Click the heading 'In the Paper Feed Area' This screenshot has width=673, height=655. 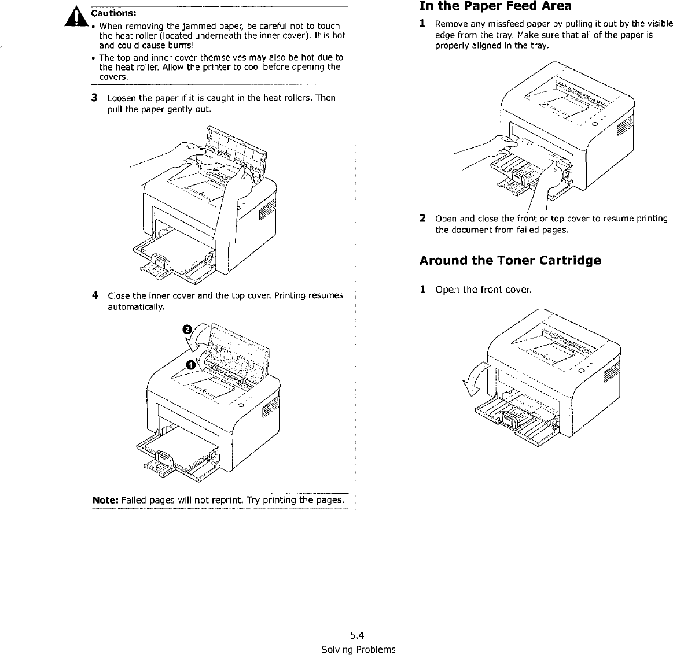point(495,7)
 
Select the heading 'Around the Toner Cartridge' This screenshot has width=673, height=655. point(510,260)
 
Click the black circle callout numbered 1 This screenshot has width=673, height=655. point(190,363)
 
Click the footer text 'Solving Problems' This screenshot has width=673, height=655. point(358,649)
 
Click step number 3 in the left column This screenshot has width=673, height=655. point(94,97)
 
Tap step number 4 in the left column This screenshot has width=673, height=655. point(94,295)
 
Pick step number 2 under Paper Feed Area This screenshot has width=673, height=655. point(423,219)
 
